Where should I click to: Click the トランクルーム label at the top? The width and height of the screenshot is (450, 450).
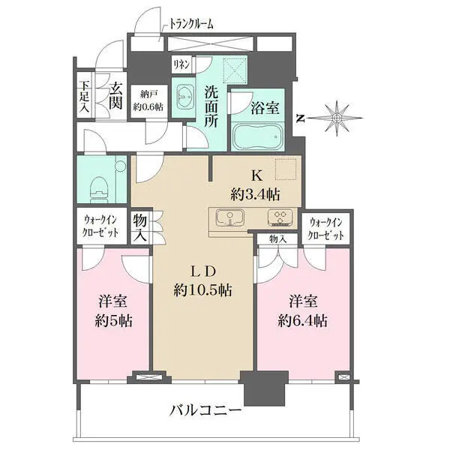pyautogui.click(x=189, y=24)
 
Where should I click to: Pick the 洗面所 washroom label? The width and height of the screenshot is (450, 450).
pyautogui.click(x=214, y=107)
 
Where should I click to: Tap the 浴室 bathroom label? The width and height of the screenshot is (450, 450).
pyautogui.click(x=265, y=107)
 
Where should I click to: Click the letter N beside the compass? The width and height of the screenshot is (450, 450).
pyautogui.click(x=300, y=118)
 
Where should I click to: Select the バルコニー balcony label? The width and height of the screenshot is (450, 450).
pyautogui.click(x=204, y=411)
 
